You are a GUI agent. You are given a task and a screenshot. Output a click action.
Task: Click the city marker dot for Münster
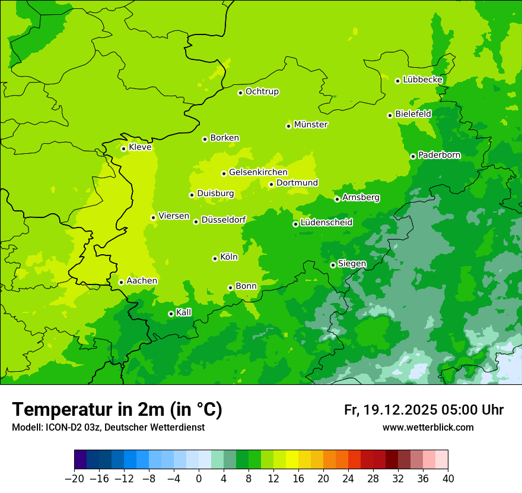(289, 126)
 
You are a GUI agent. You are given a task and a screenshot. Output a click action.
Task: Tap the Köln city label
(228, 257)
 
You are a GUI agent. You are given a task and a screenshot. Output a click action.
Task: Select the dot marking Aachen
(121, 282)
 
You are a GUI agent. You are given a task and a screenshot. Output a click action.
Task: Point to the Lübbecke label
(422, 80)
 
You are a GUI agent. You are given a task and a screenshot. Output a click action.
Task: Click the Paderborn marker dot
(413, 156)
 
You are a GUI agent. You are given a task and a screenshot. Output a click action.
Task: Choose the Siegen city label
(352, 264)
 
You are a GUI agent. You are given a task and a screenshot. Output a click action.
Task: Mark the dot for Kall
(171, 314)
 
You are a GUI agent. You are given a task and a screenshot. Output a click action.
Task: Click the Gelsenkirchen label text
(258, 172)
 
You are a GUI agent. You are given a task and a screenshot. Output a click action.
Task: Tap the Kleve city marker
(123, 148)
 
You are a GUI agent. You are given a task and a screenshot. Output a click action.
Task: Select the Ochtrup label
(262, 91)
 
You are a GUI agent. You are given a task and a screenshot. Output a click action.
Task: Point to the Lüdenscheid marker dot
(295, 224)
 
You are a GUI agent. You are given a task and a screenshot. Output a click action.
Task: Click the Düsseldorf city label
(223, 220)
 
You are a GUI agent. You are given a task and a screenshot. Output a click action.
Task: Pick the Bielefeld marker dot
(390, 115)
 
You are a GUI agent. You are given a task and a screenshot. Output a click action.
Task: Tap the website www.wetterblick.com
(428, 427)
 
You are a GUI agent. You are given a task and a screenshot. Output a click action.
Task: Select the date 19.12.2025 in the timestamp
(400, 410)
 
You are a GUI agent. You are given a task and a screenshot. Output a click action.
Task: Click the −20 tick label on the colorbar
(74, 479)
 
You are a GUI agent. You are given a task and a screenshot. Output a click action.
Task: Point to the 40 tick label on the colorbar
(448, 479)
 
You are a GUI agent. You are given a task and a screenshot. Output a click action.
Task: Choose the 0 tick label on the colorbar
(199, 479)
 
